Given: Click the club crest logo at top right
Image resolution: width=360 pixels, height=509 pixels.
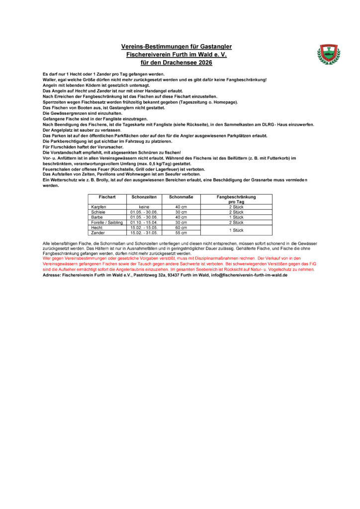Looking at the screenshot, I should coord(328,54).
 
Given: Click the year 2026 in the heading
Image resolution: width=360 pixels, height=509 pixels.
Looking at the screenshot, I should coord(203,63).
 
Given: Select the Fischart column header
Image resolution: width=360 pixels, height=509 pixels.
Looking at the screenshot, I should coord(107,197).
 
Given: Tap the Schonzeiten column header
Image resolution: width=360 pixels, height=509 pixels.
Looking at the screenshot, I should coord(144,197).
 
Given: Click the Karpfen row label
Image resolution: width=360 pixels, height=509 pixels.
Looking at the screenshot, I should coord(99,207).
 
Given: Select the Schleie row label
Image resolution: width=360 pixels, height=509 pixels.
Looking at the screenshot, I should coord(98,212).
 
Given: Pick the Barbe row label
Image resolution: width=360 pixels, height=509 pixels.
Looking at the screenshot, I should coord(97,217).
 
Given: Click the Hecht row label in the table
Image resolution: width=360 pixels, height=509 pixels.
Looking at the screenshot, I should coord(97,228).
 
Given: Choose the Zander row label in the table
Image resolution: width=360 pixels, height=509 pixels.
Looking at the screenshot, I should coord(98,233).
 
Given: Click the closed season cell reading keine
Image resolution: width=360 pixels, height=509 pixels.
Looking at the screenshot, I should coord(144,207).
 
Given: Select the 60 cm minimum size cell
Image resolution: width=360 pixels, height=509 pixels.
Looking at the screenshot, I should coord(180,228).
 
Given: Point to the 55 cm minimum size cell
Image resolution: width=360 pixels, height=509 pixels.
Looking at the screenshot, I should coord(180,233).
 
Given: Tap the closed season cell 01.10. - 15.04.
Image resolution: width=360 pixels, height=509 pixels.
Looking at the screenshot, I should coord(144,223).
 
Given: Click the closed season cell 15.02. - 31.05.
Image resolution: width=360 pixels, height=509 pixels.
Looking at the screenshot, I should coord(144,233).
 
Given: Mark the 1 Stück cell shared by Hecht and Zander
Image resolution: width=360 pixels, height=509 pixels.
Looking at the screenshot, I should coord(236,230).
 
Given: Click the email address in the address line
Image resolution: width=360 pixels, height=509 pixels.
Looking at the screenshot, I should coord(249,274).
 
